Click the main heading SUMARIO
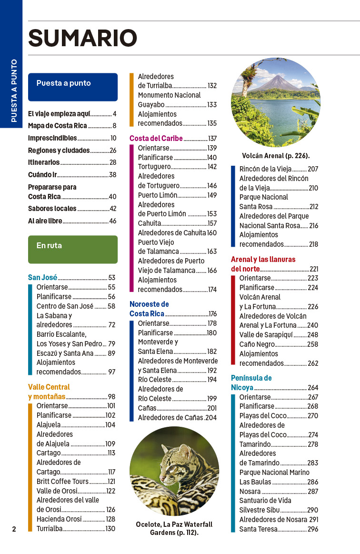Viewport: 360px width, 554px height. pyautogui.click(x=82, y=39)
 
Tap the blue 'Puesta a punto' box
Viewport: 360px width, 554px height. pyautogui.click(x=72, y=87)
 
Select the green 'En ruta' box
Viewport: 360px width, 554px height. pyautogui.click(x=72, y=249)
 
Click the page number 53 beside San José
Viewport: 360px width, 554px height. pyautogui.click(x=112, y=277)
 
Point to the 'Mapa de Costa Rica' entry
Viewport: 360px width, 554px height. pyautogui.click(x=58, y=126)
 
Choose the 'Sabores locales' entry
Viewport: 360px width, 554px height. pyautogui.click(x=52, y=208)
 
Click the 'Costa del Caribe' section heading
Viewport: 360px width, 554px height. pyautogui.click(x=156, y=138)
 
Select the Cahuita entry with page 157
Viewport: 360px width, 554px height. pyautogui.click(x=150, y=223)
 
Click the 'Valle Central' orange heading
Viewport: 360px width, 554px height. pyautogui.click(x=49, y=387)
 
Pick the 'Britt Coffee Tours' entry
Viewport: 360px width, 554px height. pyautogui.click(x=63, y=481)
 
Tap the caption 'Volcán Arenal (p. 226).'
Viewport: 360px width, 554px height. pyautogui.click(x=276, y=155)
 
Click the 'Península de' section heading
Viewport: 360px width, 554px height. pyautogui.click(x=251, y=378)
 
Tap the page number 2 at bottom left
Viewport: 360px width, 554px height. pyautogui.click(x=14, y=529)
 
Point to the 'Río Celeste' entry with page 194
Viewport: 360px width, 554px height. pyautogui.click(x=155, y=380)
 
